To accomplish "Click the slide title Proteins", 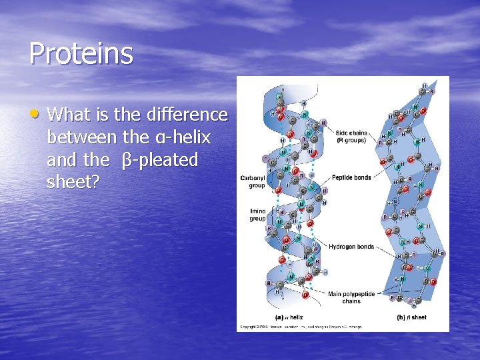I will point(81,53).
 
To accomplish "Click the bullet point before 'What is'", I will point(38,113).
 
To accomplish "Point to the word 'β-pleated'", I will point(160,160).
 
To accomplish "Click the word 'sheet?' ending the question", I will point(73,183).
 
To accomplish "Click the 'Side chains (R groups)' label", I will point(351,137).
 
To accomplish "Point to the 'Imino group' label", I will point(257,215).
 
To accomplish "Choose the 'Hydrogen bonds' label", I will point(351,247).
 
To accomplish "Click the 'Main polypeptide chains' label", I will point(351,297).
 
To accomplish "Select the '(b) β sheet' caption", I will point(411,317).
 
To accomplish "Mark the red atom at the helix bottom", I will point(305,294).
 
